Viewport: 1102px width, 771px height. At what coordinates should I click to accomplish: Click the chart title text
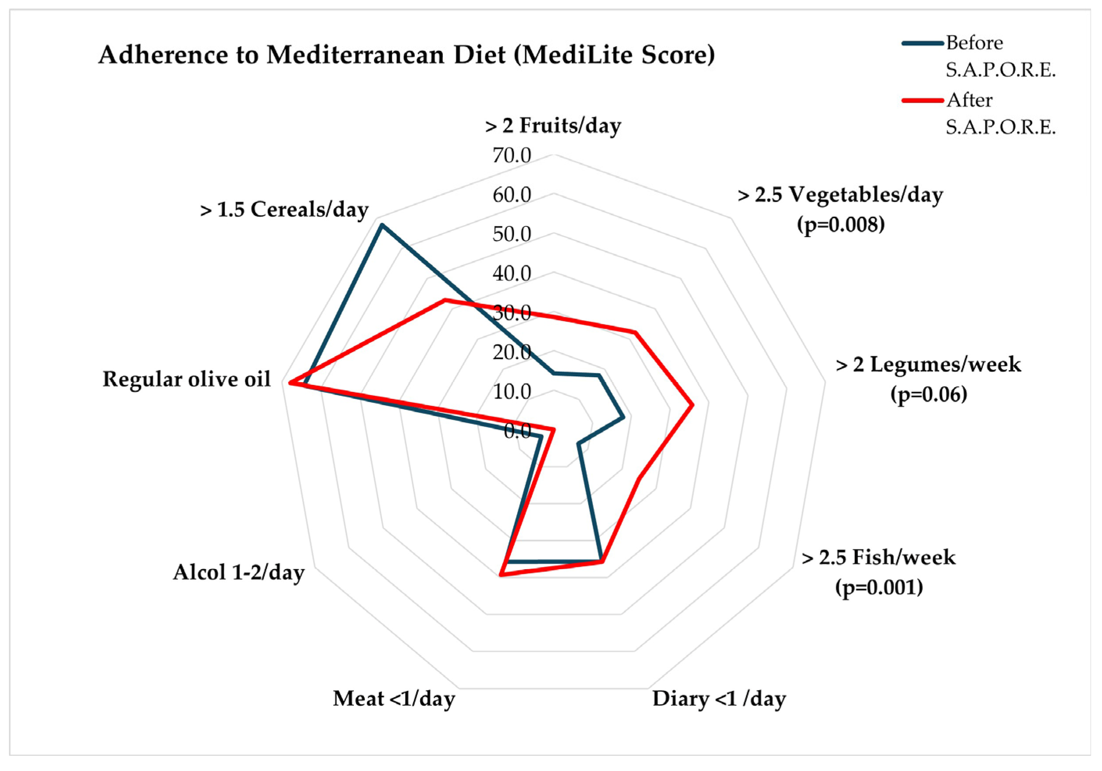coord(407,55)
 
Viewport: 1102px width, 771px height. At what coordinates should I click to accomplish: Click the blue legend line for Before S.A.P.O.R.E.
coord(922,43)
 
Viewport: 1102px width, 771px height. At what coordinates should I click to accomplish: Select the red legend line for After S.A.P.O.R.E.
coord(922,100)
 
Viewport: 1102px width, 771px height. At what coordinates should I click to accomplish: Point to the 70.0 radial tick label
coord(512,155)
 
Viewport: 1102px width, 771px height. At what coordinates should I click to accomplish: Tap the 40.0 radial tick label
coord(512,274)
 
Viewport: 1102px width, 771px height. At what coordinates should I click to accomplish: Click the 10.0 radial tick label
coord(512,392)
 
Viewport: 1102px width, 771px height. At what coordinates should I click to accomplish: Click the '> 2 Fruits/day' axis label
coord(553,126)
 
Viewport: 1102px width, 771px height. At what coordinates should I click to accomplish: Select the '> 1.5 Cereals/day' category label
coord(284,210)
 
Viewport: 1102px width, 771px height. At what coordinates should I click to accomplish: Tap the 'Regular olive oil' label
coord(187,379)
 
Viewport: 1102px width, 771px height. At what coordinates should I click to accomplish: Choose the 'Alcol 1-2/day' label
coord(239,572)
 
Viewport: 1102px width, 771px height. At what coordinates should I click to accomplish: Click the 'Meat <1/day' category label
coord(394,698)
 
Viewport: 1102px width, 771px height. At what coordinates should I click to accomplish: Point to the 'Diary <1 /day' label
coord(719,698)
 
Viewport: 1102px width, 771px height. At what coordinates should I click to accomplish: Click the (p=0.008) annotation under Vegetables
coord(840,224)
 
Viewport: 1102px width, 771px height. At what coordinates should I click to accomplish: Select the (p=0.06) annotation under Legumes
coord(928,394)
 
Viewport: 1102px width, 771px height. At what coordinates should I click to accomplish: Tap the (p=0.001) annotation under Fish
coord(879,587)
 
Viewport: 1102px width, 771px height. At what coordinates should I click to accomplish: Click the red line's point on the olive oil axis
coord(290,383)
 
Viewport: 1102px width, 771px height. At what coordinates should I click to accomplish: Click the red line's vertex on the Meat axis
coord(500,574)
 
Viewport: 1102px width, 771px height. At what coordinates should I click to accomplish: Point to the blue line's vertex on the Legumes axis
coord(623,417)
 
